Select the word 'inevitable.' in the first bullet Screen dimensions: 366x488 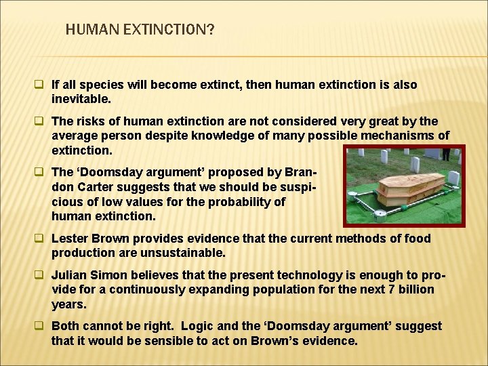click(81, 99)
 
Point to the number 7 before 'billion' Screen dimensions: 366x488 click(384, 289)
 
